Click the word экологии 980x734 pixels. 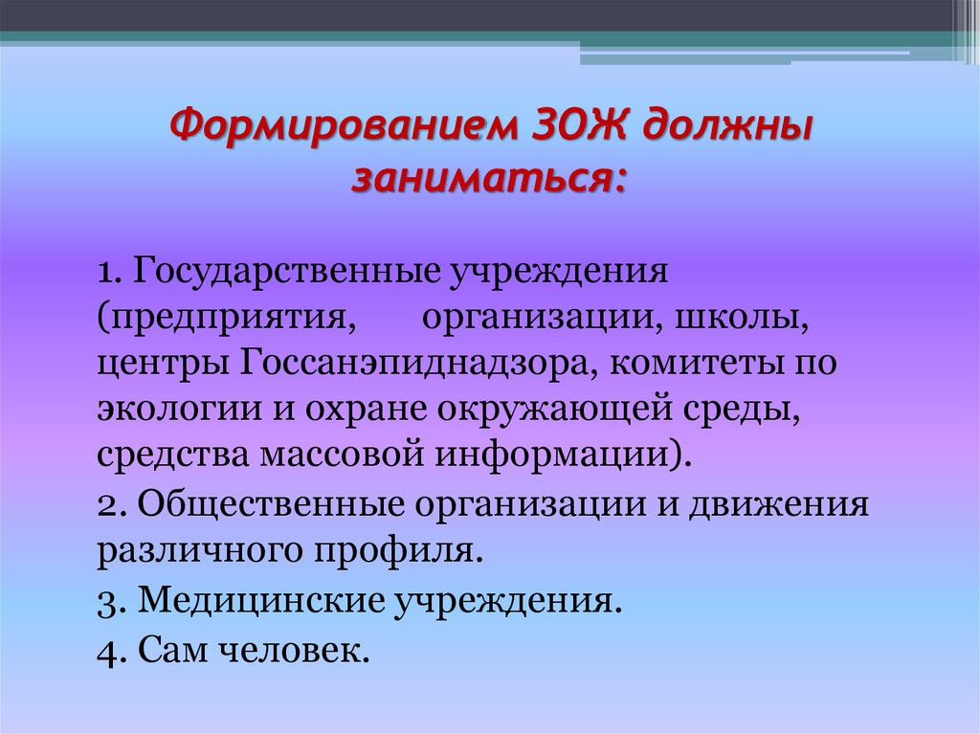[x=171, y=410]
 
